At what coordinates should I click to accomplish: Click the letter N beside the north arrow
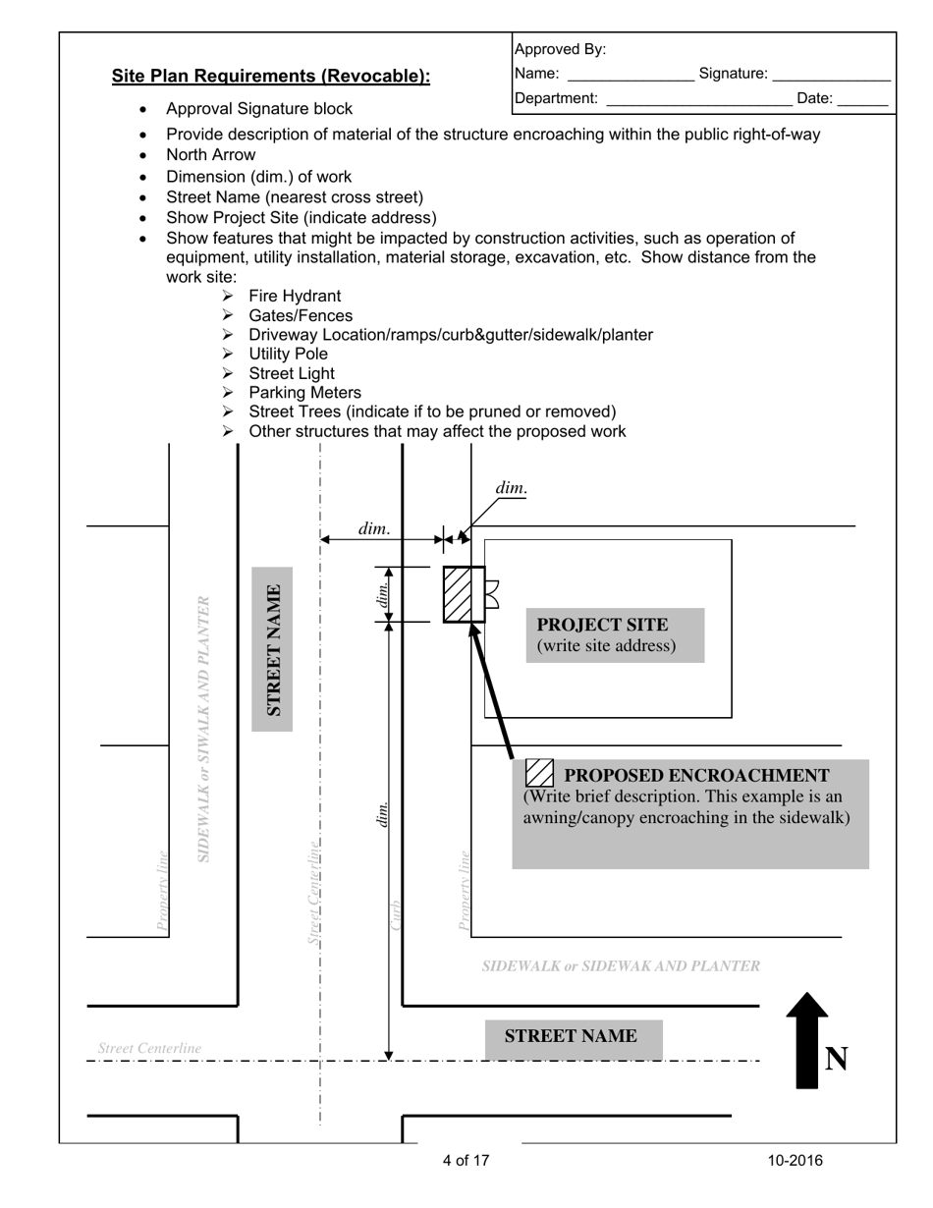coord(836,1059)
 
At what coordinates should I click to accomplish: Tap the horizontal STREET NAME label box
coord(573,1038)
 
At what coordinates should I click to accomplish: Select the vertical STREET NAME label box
coord(272,649)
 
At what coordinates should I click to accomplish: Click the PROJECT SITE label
coord(602,626)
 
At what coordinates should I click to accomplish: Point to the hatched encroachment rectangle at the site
coord(463,594)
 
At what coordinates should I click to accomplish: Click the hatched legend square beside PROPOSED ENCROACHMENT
coord(540,774)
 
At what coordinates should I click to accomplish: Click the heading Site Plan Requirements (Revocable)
coord(270,77)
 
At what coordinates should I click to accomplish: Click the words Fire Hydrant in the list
coord(295,297)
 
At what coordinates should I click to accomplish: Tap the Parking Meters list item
coord(304,393)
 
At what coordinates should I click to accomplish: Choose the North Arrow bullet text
coord(210,155)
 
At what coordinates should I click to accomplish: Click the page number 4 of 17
coord(466,1161)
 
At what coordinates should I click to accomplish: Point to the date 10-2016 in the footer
coord(796,1161)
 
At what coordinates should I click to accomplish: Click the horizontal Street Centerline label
coord(149,1049)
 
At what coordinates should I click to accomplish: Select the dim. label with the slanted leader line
coord(511,488)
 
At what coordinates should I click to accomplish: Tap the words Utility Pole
coord(288,354)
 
